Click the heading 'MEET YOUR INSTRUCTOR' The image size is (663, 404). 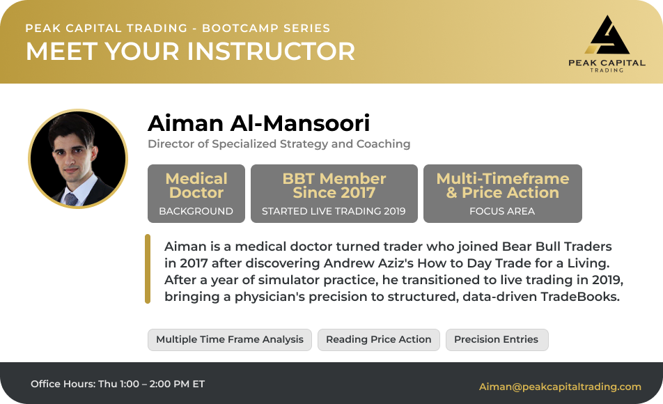(x=190, y=51)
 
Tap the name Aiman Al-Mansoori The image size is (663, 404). (x=259, y=123)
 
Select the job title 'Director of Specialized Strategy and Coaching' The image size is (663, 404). (x=279, y=143)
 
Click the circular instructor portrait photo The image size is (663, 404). (x=78, y=159)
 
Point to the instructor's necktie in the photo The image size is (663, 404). (x=71, y=199)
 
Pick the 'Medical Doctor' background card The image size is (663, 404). (x=196, y=194)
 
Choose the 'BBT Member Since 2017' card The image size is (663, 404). (x=334, y=194)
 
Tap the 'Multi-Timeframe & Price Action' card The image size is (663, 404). (x=503, y=194)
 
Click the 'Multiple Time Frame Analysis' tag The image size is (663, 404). (x=230, y=340)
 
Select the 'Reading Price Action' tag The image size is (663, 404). (x=379, y=340)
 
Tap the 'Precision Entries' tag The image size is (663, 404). (x=497, y=340)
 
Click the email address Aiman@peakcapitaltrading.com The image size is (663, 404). (x=560, y=387)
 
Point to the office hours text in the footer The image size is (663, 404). (x=118, y=384)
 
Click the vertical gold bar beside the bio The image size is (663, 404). (x=148, y=269)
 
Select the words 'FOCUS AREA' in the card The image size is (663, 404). (x=502, y=211)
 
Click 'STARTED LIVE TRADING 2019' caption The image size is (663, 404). (x=334, y=211)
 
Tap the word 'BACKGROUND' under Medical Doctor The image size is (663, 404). (x=196, y=211)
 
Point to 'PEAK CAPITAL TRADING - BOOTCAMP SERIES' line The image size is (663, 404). (x=178, y=29)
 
